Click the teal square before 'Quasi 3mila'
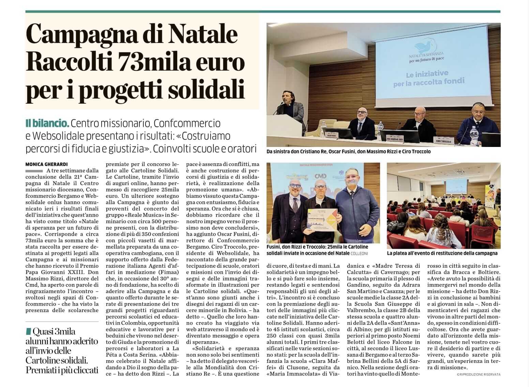28,331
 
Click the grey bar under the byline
34,170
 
